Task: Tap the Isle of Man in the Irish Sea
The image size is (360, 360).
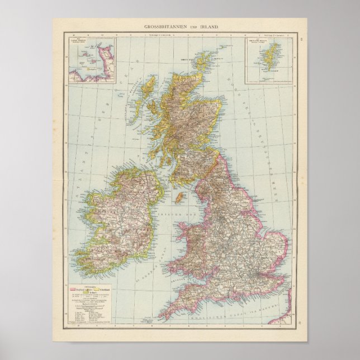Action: [x=180, y=197]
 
